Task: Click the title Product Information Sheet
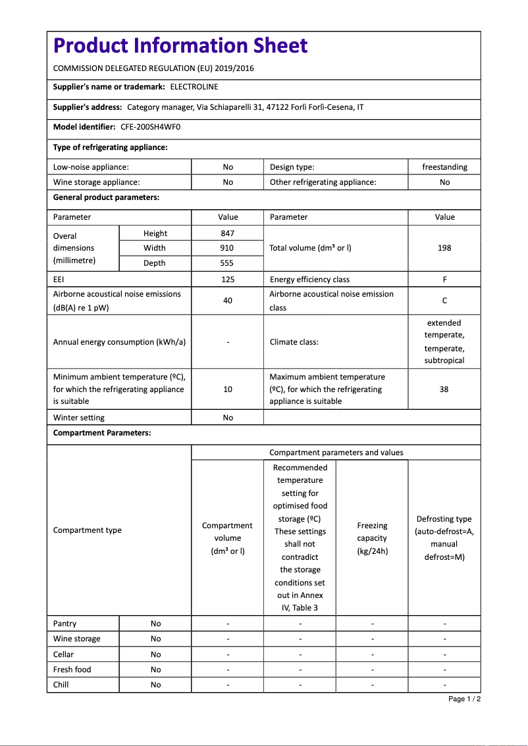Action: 180,45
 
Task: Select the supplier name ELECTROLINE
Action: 194,87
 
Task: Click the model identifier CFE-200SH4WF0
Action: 150,127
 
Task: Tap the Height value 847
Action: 228,233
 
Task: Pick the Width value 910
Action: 228,248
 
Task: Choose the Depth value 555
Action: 228,263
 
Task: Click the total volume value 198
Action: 444,248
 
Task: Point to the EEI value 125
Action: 228,280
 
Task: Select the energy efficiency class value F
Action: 444,280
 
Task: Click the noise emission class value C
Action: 444,301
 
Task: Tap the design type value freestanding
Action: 444,167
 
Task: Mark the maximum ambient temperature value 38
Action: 444,389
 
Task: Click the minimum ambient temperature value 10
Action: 228,389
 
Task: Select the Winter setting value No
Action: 228,418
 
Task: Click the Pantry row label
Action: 65,624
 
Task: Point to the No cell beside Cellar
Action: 155,655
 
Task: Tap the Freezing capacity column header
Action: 372,538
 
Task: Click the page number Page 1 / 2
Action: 464,699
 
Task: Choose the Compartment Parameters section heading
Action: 102,433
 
